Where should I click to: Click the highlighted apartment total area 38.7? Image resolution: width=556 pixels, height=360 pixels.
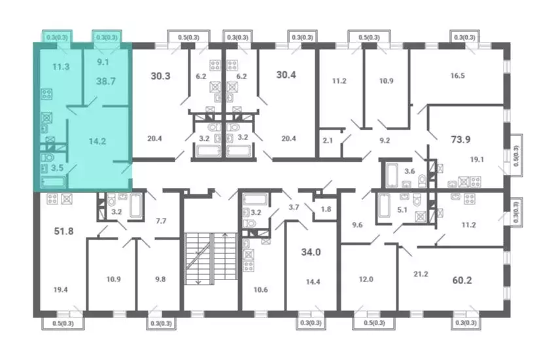pos(106,81)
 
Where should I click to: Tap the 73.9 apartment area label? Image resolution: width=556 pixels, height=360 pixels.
pos(460,139)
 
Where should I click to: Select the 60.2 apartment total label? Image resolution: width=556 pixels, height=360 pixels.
pos(462,280)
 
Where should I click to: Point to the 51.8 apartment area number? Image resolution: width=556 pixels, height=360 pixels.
pos(64,231)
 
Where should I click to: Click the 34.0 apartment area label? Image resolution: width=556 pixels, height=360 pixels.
pos(311,252)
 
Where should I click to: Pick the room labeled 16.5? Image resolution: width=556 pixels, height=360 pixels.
pos(457,75)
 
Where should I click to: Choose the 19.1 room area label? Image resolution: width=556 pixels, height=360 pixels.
pos(477,160)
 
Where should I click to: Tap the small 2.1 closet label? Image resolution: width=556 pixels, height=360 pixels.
pos(328,141)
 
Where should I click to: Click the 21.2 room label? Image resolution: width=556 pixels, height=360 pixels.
pos(421,274)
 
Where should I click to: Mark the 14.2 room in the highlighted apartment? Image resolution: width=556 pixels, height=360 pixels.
pos(97,141)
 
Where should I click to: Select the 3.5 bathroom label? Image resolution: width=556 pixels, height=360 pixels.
pos(57,168)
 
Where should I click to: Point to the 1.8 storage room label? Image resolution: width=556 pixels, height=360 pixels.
pos(326,209)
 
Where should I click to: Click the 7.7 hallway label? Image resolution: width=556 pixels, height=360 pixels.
pos(161,221)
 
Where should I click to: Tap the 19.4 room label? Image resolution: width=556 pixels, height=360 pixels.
pos(61,290)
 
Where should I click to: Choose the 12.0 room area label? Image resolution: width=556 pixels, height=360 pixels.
pos(366,279)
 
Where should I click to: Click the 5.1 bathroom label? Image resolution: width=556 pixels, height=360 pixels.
pos(402,210)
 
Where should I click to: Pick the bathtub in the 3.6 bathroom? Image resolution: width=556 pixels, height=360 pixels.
pos(391,175)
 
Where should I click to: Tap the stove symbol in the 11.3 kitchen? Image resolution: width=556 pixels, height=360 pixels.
pos(47,94)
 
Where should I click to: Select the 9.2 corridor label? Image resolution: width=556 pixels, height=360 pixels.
pos(385,141)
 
